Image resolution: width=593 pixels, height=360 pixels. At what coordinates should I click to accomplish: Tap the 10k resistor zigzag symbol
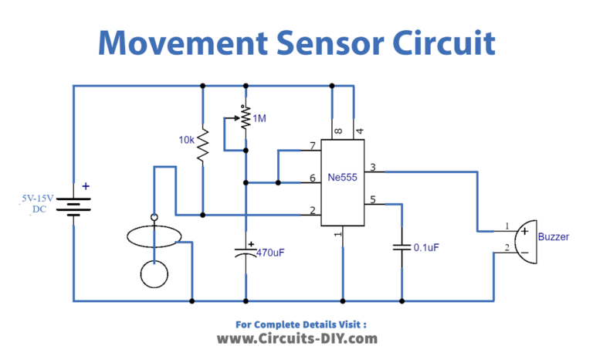coord(202,144)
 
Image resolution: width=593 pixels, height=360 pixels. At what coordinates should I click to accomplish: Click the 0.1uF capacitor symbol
coord(402,247)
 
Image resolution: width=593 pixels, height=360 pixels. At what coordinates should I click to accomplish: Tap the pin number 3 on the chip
coord(373,168)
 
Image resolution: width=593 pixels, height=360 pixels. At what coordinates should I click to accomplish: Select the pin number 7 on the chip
coord(312,146)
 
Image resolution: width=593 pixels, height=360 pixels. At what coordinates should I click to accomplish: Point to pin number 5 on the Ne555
coord(373,200)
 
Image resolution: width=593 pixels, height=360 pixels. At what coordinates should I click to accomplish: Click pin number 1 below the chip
coord(337,234)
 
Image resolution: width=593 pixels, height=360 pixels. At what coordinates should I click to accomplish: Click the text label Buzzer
coord(554,237)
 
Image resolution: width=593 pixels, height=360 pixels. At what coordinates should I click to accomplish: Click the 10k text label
coord(186,140)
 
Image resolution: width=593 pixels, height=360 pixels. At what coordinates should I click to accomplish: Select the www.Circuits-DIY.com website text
coord(296,338)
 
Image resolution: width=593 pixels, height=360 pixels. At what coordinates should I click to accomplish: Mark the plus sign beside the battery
coord(86,185)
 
